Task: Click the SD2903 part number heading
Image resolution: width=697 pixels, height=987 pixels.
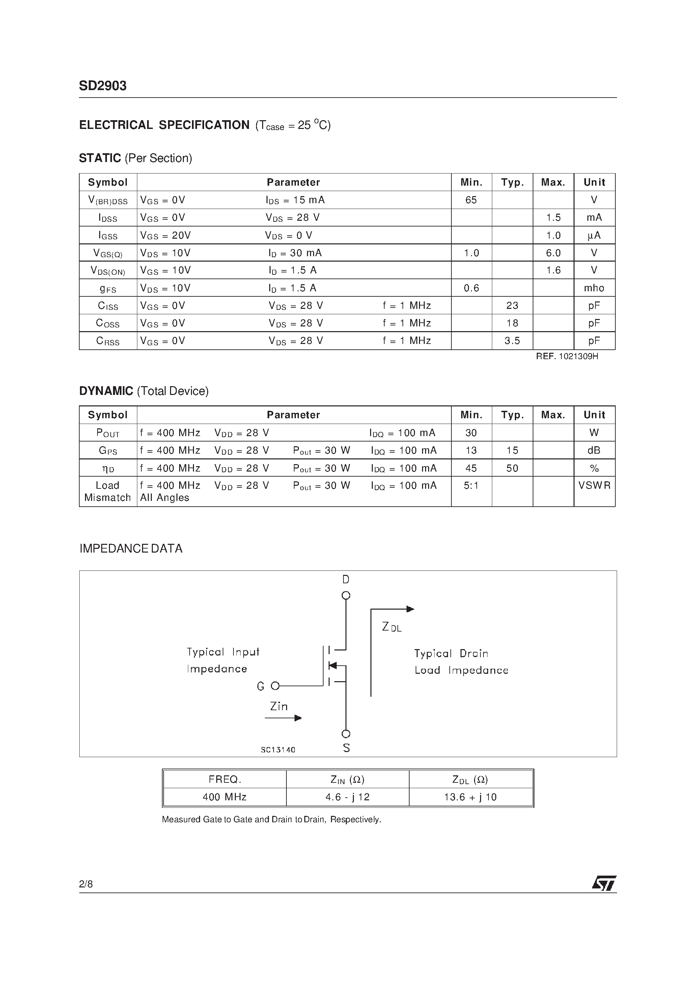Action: pos(103,86)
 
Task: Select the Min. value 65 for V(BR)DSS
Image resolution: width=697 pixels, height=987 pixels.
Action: pos(471,200)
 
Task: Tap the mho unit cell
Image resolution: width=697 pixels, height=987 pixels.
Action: pos(594,288)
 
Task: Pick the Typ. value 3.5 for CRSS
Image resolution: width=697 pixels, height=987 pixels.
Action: pos(512,341)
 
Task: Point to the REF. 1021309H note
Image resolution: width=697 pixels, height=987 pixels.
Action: pos(567,356)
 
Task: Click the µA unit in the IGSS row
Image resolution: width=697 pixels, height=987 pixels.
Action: pos(594,235)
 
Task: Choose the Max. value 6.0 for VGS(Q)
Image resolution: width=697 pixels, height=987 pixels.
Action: pos(553,253)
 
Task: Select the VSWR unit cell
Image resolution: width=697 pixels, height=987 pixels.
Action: pos(594,485)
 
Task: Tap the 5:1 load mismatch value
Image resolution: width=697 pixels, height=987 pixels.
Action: pos(471,485)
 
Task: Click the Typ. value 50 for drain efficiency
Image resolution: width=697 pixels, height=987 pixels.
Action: pos(512,468)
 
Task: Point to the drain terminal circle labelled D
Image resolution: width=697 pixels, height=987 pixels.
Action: pos(346,595)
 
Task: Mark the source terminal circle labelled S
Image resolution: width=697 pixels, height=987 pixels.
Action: pos(346,734)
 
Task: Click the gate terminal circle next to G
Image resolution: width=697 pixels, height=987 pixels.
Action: pos(275,686)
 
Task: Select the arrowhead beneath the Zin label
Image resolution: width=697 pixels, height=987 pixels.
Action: pos(298,718)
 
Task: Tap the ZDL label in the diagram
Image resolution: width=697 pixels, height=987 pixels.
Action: pos(391,627)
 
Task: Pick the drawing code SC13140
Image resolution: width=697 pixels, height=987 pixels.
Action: pos(278,750)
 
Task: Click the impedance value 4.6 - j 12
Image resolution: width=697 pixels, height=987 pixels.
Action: pos(347,797)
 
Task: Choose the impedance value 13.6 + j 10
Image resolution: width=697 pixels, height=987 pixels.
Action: pos(470,797)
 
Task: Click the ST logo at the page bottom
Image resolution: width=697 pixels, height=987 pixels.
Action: pos(604,883)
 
